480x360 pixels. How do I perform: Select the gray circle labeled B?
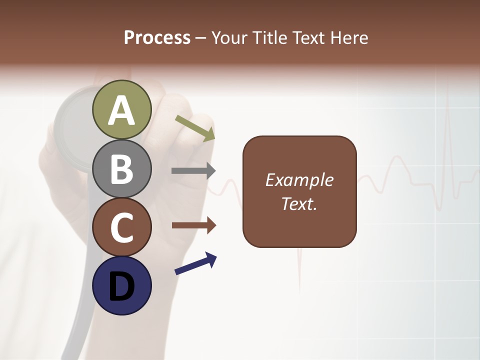coord(121,168)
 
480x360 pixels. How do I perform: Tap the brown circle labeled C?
coord(121,227)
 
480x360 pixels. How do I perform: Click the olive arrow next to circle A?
coord(195,128)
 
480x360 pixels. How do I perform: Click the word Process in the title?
coord(157,38)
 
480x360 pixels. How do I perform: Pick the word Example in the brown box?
coord(299,180)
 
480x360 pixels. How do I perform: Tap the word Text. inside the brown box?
coord(299,204)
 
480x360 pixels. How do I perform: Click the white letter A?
coord(121,111)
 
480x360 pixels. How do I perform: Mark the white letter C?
coord(121,228)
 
